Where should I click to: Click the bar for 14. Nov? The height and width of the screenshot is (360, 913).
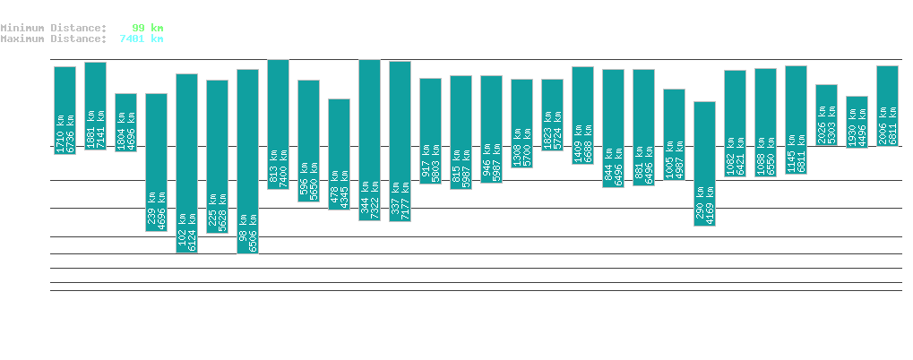[x=186, y=163]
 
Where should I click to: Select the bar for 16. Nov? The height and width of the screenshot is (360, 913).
[x=247, y=161]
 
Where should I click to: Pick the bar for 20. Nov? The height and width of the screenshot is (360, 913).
[x=369, y=140]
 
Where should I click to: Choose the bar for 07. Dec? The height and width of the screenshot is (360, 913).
[x=887, y=106]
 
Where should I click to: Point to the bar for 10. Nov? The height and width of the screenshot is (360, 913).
[x=65, y=110]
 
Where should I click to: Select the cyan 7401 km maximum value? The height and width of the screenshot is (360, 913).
[x=141, y=39]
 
